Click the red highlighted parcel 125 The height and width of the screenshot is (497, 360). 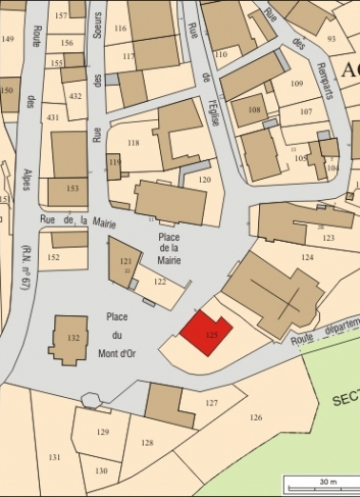207,332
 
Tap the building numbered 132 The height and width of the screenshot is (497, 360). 70,338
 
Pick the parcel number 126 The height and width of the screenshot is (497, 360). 255,417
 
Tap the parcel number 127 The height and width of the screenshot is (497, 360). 211,403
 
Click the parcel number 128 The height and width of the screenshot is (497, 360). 147,443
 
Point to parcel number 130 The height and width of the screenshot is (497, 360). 100,470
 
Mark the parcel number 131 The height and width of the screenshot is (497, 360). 54,458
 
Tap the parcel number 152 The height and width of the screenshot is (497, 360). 54,257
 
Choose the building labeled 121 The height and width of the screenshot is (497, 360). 125,260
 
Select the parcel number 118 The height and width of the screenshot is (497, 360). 133,143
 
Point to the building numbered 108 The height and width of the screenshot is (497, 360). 253,110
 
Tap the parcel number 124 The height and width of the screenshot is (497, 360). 307,257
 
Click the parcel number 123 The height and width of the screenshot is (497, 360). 329,237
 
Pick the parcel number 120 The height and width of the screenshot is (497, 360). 204,179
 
